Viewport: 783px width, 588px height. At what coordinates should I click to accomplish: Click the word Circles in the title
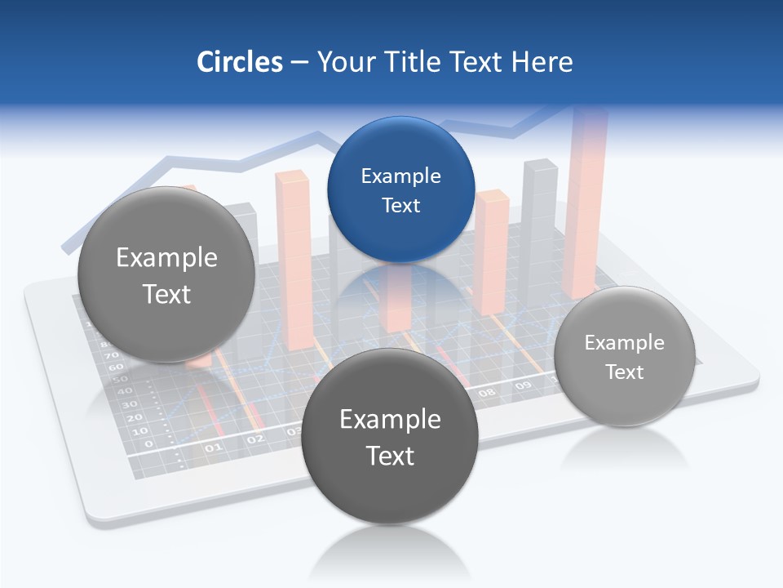pyautogui.click(x=239, y=62)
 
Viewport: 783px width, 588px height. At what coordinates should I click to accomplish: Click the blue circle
pyautogui.click(x=400, y=189)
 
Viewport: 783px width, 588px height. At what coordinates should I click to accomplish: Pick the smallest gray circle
pyautogui.click(x=624, y=357)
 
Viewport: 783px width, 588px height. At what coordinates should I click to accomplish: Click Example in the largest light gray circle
pyautogui.click(x=166, y=258)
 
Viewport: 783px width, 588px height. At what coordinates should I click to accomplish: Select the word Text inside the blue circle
pyautogui.click(x=400, y=205)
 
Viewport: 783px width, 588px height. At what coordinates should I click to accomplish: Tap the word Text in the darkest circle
pyautogui.click(x=390, y=456)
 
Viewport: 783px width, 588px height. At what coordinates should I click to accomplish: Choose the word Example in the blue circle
pyautogui.click(x=400, y=176)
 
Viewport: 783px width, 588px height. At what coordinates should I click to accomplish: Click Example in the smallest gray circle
pyautogui.click(x=624, y=343)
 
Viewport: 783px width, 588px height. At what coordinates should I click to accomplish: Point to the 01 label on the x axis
pyautogui.click(x=213, y=448)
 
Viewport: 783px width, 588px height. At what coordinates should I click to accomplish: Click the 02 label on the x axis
pyautogui.click(x=255, y=439)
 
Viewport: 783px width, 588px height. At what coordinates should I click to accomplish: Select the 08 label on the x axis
pyautogui.click(x=487, y=393)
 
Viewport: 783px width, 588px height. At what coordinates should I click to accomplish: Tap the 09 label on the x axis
pyautogui.click(x=523, y=385)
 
